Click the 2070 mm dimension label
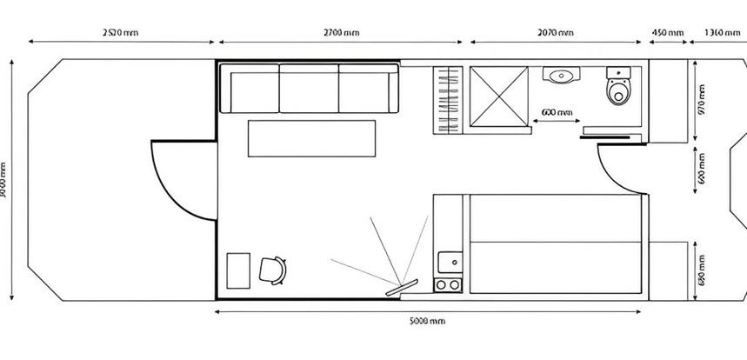coord(556,32)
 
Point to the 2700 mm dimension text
coord(341,32)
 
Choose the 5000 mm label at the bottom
coord(426,321)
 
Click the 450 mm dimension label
coord(667,32)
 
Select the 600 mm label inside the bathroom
coord(557,112)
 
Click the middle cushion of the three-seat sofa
coord(309,90)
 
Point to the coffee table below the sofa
coord(311,138)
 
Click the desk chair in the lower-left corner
coord(273,270)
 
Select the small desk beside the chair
coord(238,270)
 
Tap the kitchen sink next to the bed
coord(450,260)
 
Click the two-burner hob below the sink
coord(449,284)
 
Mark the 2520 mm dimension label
coord(120,32)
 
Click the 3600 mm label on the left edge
coord(7,179)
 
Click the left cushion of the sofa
coord(250,90)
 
